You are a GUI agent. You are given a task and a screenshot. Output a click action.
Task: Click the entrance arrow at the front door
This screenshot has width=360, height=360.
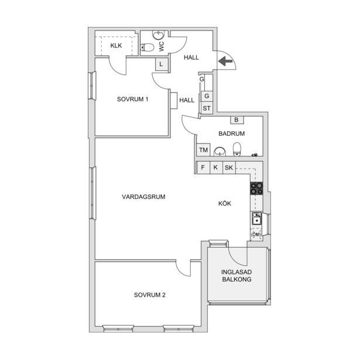(x=225, y=61)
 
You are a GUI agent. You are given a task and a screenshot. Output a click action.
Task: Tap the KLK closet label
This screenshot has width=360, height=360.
(x=116, y=46)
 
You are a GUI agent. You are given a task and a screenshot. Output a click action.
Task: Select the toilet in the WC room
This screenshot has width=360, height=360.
(x=147, y=47)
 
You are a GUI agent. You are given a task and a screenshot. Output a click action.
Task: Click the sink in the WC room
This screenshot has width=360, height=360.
(x=159, y=35)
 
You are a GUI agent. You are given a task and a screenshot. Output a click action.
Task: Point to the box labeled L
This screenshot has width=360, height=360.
(x=162, y=64)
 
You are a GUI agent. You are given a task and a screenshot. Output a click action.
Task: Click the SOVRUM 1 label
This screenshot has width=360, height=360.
(x=132, y=99)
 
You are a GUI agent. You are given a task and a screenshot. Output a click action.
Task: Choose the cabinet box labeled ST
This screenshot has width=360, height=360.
(x=207, y=108)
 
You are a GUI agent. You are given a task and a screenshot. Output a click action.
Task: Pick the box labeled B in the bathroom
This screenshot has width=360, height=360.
(x=236, y=120)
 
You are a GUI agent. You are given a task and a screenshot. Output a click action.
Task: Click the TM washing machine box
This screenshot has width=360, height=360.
(x=204, y=150)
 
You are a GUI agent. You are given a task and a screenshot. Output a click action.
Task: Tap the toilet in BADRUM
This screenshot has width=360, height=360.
(x=237, y=149)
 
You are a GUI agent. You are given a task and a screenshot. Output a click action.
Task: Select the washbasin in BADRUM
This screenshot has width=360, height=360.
(x=220, y=152)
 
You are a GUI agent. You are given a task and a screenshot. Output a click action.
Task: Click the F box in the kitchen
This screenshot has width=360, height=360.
(x=203, y=167)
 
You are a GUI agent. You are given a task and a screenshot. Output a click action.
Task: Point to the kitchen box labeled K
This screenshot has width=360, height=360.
(x=216, y=167)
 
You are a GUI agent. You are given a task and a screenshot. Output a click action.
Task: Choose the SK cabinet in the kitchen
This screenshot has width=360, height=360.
(x=229, y=167)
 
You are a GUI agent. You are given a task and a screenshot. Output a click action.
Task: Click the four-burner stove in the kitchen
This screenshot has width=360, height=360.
(x=256, y=188)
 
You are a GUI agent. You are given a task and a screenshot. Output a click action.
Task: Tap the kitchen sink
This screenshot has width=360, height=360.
(x=257, y=218)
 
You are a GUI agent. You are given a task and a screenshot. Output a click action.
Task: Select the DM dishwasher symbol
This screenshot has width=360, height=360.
(x=256, y=234)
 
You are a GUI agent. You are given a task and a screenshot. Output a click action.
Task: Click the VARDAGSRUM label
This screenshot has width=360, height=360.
(x=143, y=197)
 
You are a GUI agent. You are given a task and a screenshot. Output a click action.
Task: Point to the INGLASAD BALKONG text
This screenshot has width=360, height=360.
(x=236, y=276)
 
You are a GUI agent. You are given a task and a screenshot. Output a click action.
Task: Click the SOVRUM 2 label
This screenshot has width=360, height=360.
(x=150, y=295)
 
